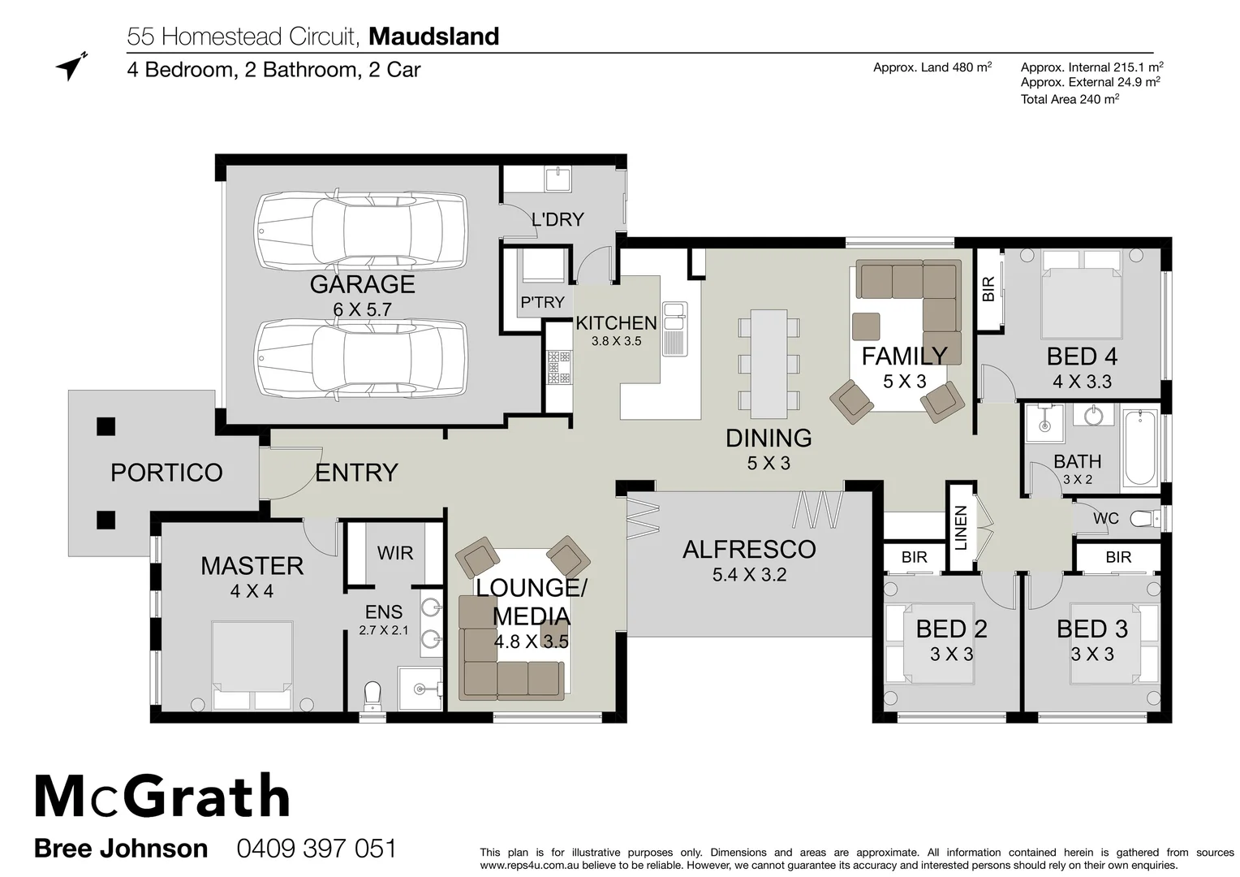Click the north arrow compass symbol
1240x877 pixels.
[x=71, y=67]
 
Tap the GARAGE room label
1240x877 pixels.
[x=362, y=284]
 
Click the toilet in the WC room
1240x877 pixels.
[x=1145, y=518]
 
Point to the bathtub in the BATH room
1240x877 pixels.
[x=1140, y=449]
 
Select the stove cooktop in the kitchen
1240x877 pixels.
[x=558, y=367]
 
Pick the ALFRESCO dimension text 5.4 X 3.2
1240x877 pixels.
[x=749, y=575]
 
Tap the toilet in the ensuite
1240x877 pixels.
[x=372, y=695]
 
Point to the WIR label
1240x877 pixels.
[x=395, y=553]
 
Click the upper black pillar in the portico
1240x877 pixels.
[x=105, y=426]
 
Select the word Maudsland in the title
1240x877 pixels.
[x=433, y=37]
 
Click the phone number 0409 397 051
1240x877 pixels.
[x=316, y=849]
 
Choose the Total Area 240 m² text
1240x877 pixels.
[x=1070, y=99]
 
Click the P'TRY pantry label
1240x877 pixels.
[x=542, y=302]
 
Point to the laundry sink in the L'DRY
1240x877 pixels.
[x=558, y=178]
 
